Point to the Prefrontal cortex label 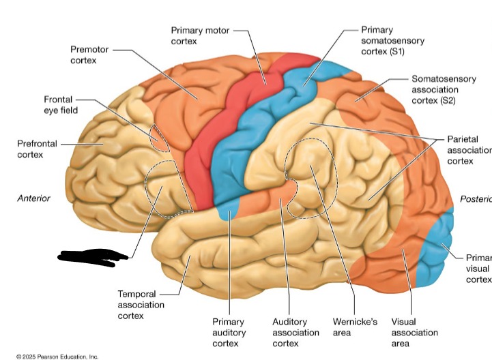(37, 149)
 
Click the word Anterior (33, 198)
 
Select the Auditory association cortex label (295, 332)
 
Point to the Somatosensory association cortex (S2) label (444, 89)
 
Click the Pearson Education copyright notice (58, 356)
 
